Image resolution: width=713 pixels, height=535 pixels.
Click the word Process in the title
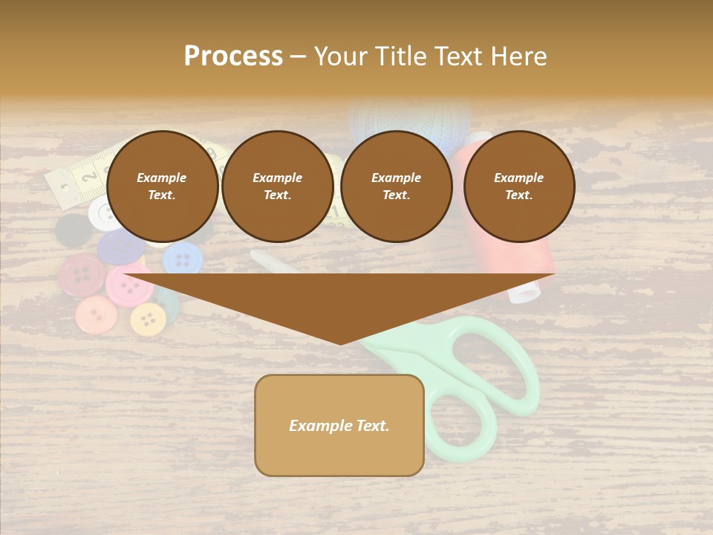pos(233,56)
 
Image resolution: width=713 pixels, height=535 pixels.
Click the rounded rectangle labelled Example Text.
pos(339,425)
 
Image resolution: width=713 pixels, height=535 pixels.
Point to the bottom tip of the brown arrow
pos(340,343)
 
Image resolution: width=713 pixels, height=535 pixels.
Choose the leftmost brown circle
pos(163,187)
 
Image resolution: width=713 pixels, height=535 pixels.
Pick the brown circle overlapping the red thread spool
pos(519,187)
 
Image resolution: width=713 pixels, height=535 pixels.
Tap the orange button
pos(97,314)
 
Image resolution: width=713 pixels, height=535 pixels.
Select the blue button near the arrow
pos(182,259)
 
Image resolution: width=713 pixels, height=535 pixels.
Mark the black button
pos(74,231)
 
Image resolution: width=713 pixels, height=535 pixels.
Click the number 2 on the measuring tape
pos(89,178)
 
